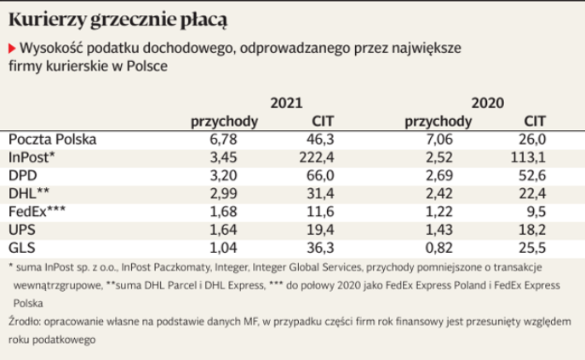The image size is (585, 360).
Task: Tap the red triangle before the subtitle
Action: point(12,48)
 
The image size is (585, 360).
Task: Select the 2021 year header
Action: point(286,103)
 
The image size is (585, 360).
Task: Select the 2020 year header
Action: point(488,103)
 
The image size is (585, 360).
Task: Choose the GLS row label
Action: point(21,248)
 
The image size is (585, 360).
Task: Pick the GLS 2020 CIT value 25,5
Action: point(532,248)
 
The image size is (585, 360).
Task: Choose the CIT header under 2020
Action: point(534,121)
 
